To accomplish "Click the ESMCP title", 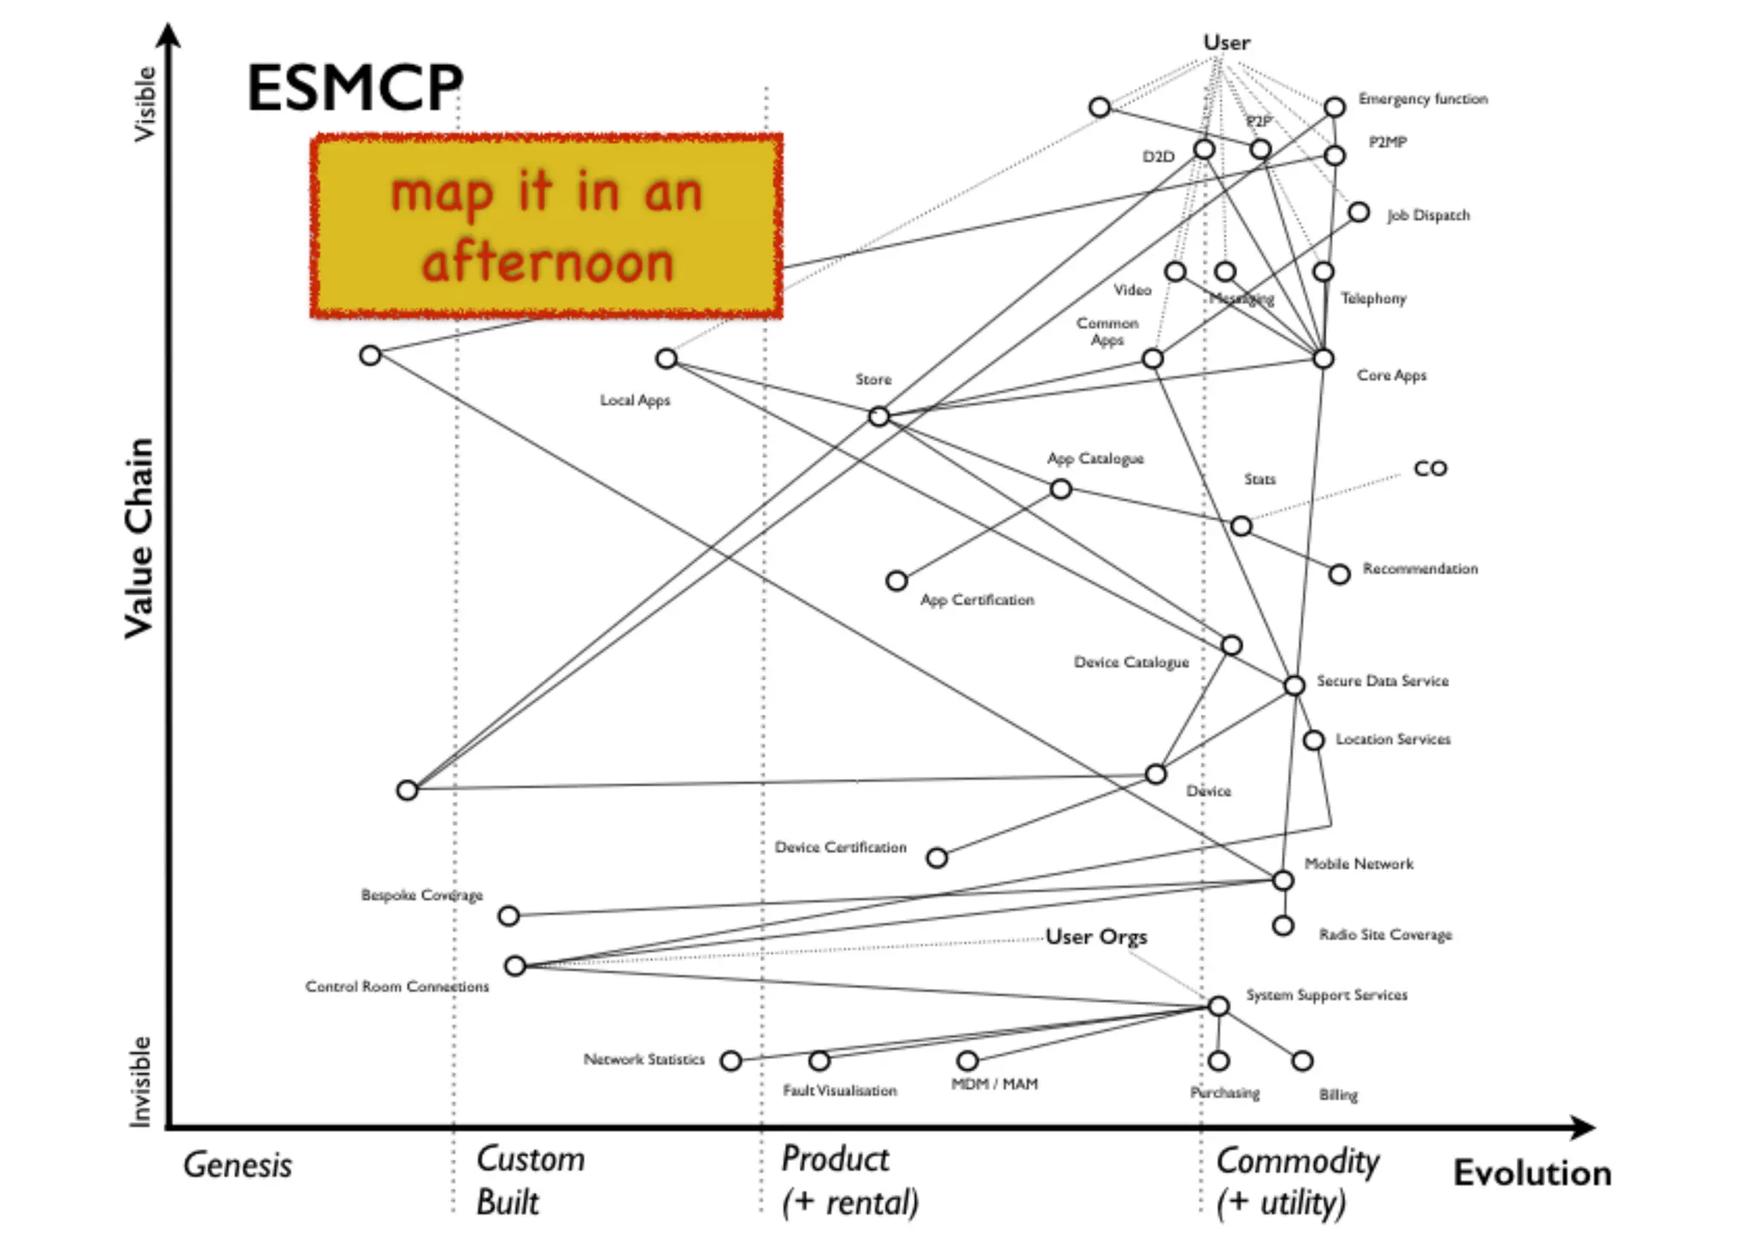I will pos(355,88).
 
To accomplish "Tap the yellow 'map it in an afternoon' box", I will pos(547,227).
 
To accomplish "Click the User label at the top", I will pos(1226,43).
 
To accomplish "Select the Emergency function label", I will pos(1423,99).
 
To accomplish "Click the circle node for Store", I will pos(878,416).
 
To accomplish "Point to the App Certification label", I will pos(977,600).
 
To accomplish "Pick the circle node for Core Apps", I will pos(1323,358).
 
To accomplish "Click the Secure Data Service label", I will pos(1382,681).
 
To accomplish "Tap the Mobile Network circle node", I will pos(1283,881).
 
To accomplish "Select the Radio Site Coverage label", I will pos(1385,934).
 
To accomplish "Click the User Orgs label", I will pos(1096,937).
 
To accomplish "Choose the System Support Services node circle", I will pos(1219,1005).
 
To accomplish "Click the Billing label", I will pos(1337,1095).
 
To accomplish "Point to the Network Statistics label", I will pos(643,1059).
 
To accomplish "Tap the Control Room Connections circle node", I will pos(514,966).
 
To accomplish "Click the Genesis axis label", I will pos(238,1165).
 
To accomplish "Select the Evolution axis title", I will pos(1532,1173).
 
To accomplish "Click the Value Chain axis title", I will pos(139,539).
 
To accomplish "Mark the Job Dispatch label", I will pos(1428,215).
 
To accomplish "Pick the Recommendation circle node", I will pos(1339,574).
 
